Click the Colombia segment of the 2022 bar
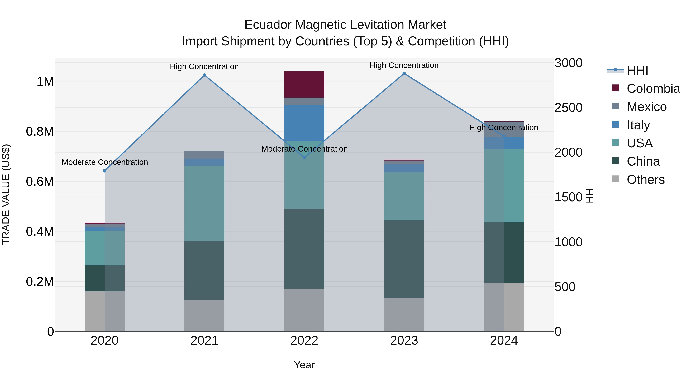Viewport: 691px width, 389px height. pos(304,84)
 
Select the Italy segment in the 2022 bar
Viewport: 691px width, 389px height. pos(304,123)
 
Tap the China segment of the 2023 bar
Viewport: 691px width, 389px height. pos(404,259)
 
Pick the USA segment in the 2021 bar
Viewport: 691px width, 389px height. pos(204,203)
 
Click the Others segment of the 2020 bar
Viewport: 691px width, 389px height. pos(105,311)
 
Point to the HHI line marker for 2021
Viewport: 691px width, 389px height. pos(204,75)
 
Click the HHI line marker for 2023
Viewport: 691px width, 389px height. pos(404,74)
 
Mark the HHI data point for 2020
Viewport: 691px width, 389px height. pos(105,171)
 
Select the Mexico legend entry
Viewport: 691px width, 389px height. pos(646,107)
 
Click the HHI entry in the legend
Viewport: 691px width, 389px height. pos(637,70)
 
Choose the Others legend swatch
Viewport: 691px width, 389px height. pos(615,179)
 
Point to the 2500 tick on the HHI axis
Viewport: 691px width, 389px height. pos(568,108)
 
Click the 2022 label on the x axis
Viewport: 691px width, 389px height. pos(304,341)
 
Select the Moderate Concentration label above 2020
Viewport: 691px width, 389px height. pos(105,162)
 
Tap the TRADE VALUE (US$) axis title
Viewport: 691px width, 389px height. pos(6,194)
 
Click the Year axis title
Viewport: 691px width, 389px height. pos(304,365)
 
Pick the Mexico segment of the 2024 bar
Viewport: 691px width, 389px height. pos(504,130)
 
